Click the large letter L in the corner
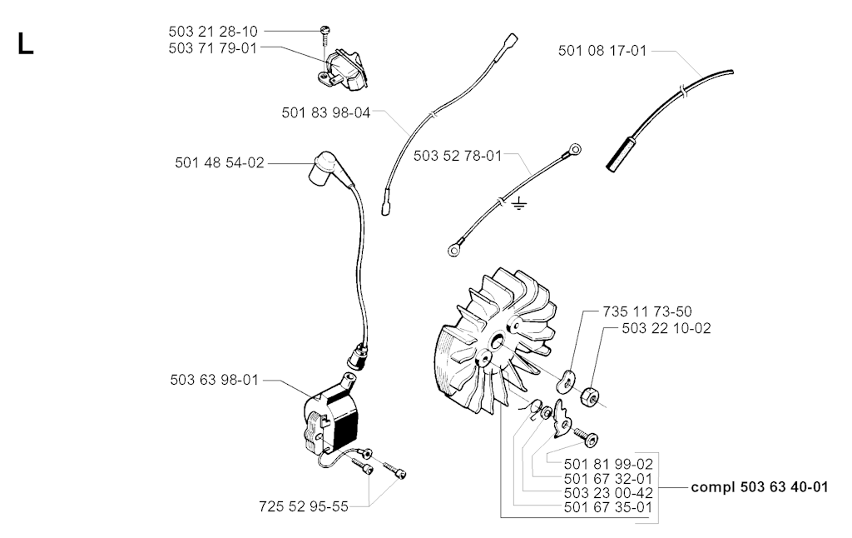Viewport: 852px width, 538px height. pos(25,44)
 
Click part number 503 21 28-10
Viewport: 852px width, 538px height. pos(212,31)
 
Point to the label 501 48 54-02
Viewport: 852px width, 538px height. pos(220,163)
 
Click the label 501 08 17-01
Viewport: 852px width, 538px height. pos(602,51)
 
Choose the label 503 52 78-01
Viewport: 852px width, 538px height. pos(458,156)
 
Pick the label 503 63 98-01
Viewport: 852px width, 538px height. pos(214,380)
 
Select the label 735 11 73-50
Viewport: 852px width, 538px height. pos(645,311)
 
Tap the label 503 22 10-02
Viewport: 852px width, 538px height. pos(666,328)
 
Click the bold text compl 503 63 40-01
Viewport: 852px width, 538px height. pos(759,487)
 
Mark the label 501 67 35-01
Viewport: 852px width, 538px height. pos(607,506)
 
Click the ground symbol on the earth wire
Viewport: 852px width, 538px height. pos(519,204)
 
